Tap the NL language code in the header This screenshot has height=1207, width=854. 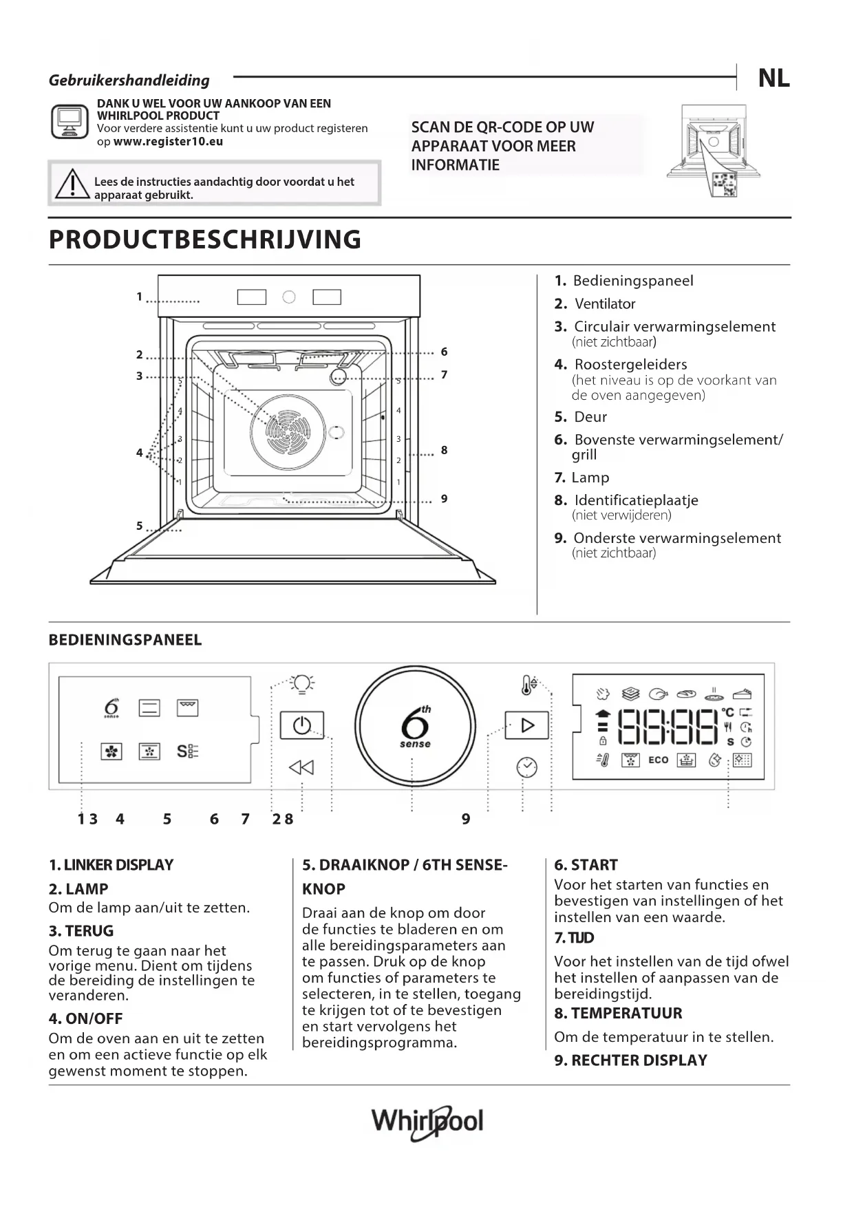pyautogui.click(x=773, y=78)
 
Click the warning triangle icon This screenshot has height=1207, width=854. pyautogui.click(x=72, y=184)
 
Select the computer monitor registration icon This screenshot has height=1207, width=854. pyautogui.click(x=70, y=122)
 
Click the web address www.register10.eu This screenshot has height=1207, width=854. pyautogui.click(x=168, y=142)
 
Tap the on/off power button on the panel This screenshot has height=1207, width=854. pyautogui.click(x=301, y=725)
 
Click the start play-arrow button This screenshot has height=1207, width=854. pyautogui.click(x=526, y=725)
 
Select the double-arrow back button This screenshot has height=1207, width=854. pyautogui.click(x=301, y=767)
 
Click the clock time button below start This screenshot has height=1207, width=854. pyautogui.click(x=526, y=767)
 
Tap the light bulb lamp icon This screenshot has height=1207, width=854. pyautogui.click(x=301, y=683)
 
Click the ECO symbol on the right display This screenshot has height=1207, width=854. pyautogui.click(x=658, y=760)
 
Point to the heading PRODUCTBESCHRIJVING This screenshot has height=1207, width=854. pyautogui.click(x=205, y=239)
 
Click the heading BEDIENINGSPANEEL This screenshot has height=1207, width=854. pyautogui.click(x=125, y=640)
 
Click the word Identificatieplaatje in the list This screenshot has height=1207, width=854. pyautogui.click(x=636, y=500)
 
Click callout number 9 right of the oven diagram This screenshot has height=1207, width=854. pyautogui.click(x=445, y=498)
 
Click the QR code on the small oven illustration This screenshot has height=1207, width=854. pyautogui.click(x=725, y=184)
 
